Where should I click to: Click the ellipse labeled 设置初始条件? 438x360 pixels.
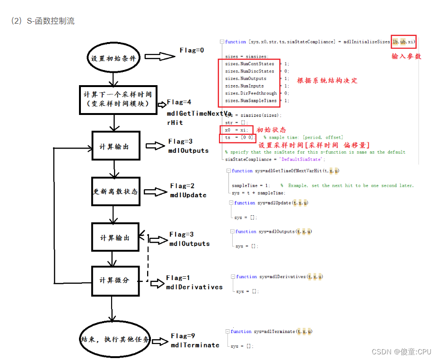[x=113, y=59]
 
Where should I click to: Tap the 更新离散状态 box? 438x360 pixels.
[x=115, y=192]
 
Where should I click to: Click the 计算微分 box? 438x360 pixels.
[x=114, y=280]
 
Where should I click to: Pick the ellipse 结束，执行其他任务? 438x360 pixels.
[x=114, y=340]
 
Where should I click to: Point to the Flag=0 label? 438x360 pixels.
[x=192, y=50]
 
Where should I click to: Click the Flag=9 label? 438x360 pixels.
[x=183, y=336]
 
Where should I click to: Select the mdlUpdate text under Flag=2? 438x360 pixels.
[x=188, y=195]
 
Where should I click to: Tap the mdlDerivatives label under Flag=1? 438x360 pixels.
[x=194, y=287]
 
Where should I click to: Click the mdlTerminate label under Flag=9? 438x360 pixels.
[x=195, y=345]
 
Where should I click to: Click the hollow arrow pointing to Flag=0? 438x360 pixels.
[x=159, y=56]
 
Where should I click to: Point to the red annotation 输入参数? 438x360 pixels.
[x=406, y=56]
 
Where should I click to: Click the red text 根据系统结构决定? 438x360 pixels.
[x=327, y=80]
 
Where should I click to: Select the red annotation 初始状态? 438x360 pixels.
[x=271, y=130]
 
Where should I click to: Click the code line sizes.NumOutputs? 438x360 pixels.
[x=245, y=79]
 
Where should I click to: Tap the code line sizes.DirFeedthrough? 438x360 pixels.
[x=251, y=93]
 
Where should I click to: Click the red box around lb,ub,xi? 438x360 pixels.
[x=403, y=42]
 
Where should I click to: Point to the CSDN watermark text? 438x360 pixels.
[x=402, y=351]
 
